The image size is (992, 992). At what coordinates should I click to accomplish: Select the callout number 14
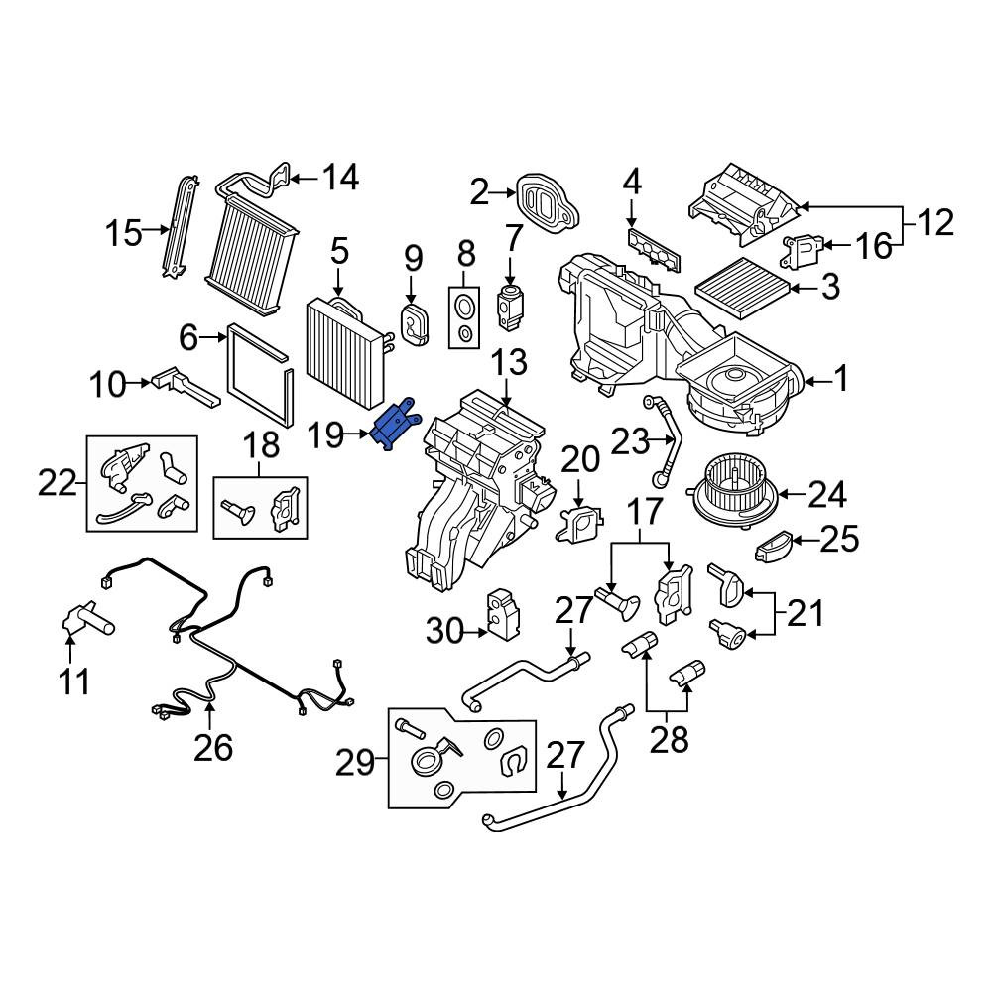(x=340, y=178)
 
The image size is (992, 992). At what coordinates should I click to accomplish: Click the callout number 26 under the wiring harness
(x=213, y=747)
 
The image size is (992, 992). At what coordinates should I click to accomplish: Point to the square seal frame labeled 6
(x=260, y=375)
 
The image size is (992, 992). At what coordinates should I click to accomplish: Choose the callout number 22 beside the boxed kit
(x=57, y=484)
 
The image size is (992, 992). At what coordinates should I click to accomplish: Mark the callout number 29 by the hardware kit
(x=355, y=763)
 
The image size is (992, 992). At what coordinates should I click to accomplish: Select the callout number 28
(x=669, y=738)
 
